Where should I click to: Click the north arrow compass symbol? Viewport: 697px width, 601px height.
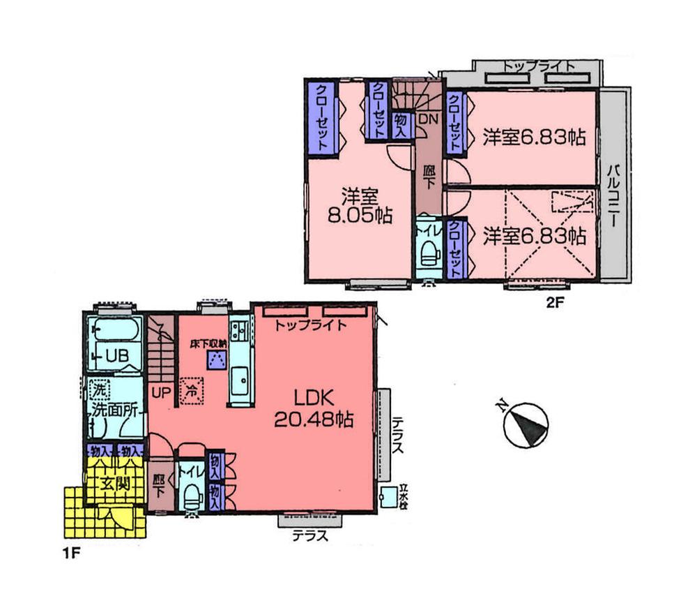click(526, 424)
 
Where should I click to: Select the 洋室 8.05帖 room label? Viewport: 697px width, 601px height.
click(360, 206)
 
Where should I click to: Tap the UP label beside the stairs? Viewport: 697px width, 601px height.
click(161, 392)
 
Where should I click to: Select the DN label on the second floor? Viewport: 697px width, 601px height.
click(427, 119)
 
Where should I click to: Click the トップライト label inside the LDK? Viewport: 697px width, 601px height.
click(309, 325)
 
